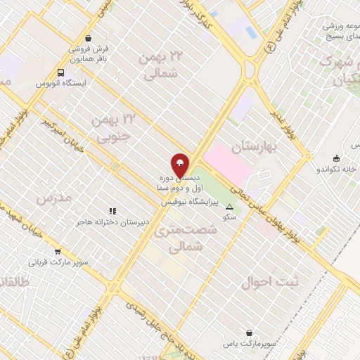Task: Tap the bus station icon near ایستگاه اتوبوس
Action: pyautogui.click(x=61, y=72)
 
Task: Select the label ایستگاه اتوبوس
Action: pyautogui.click(x=61, y=83)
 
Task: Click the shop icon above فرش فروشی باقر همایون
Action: pyautogui.click(x=88, y=39)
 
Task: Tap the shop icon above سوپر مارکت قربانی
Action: pyautogui.click(x=58, y=251)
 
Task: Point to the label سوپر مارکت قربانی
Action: pyautogui.click(x=58, y=262)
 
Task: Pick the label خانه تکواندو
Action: pyautogui.click(x=337, y=169)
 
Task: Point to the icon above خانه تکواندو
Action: pyautogui.click(x=337, y=157)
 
